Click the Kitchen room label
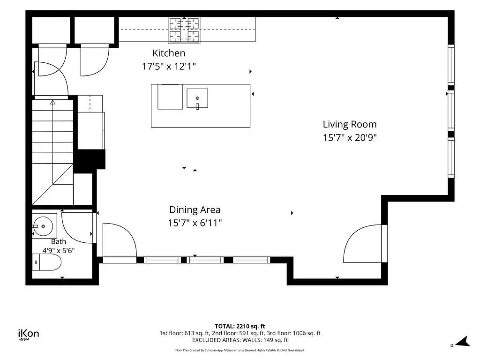click(169, 53)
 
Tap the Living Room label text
click(350, 124)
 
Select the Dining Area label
click(195, 210)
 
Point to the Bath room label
click(59, 241)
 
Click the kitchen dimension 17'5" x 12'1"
click(169, 66)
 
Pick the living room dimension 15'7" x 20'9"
click(350, 137)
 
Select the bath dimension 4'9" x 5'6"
click(59, 250)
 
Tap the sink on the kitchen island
click(197, 98)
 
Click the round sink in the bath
click(43, 226)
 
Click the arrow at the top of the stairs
click(53, 102)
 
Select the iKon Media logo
click(29, 335)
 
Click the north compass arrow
click(463, 342)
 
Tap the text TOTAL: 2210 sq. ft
click(240, 326)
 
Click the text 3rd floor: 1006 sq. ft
click(307, 333)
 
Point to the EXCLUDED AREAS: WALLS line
click(240, 340)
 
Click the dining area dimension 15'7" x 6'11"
click(195, 223)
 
